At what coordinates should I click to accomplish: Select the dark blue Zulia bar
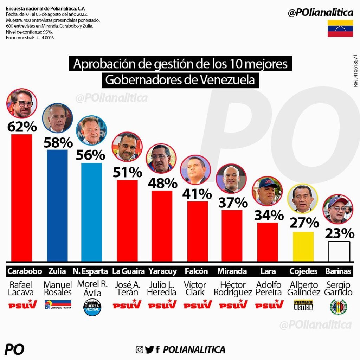57,206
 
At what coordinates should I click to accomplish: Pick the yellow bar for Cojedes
303,246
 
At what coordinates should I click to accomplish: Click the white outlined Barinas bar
339,251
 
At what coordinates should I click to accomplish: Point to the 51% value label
127,172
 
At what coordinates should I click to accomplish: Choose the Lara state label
268,271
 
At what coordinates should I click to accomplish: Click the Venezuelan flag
340,28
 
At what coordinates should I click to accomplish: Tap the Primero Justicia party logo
303,305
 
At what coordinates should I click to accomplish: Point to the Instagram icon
140,349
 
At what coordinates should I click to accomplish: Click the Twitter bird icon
149,349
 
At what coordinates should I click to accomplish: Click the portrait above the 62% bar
22,103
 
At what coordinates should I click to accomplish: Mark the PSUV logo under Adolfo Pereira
269,304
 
